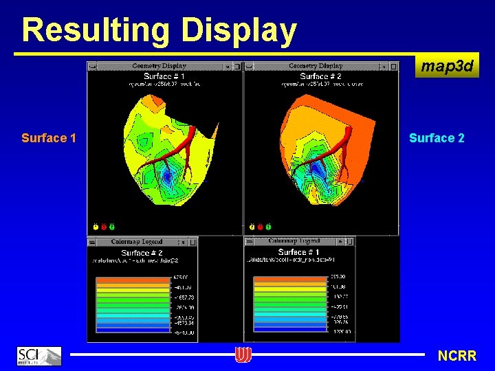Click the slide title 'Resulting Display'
(159, 30)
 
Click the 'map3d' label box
(447, 67)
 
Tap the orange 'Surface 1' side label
(48, 138)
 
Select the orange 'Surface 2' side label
(437, 138)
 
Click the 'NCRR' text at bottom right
(456, 356)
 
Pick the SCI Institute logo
(38, 355)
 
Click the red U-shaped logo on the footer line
(243, 355)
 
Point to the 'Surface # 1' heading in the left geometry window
(164, 76)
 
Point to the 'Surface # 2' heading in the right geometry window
(320, 76)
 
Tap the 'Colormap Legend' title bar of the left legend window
(137, 242)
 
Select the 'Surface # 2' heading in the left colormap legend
(141, 253)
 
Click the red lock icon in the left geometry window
(104, 226)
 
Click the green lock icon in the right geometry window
(268, 226)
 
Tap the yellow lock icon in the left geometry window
(96, 226)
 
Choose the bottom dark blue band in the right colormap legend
(289, 330)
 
